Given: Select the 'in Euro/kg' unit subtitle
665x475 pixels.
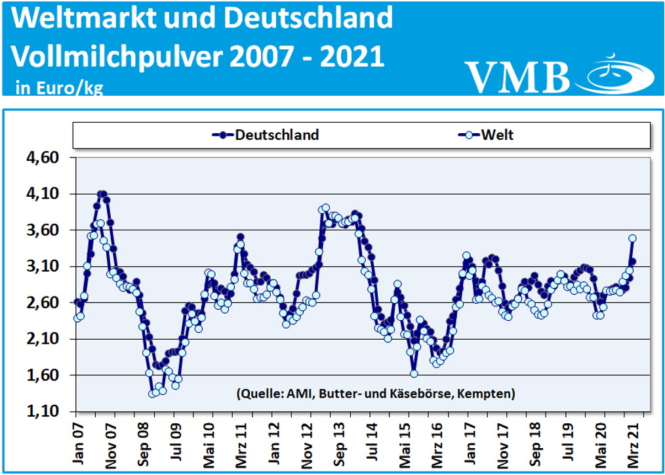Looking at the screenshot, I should [x=59, y=87].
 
